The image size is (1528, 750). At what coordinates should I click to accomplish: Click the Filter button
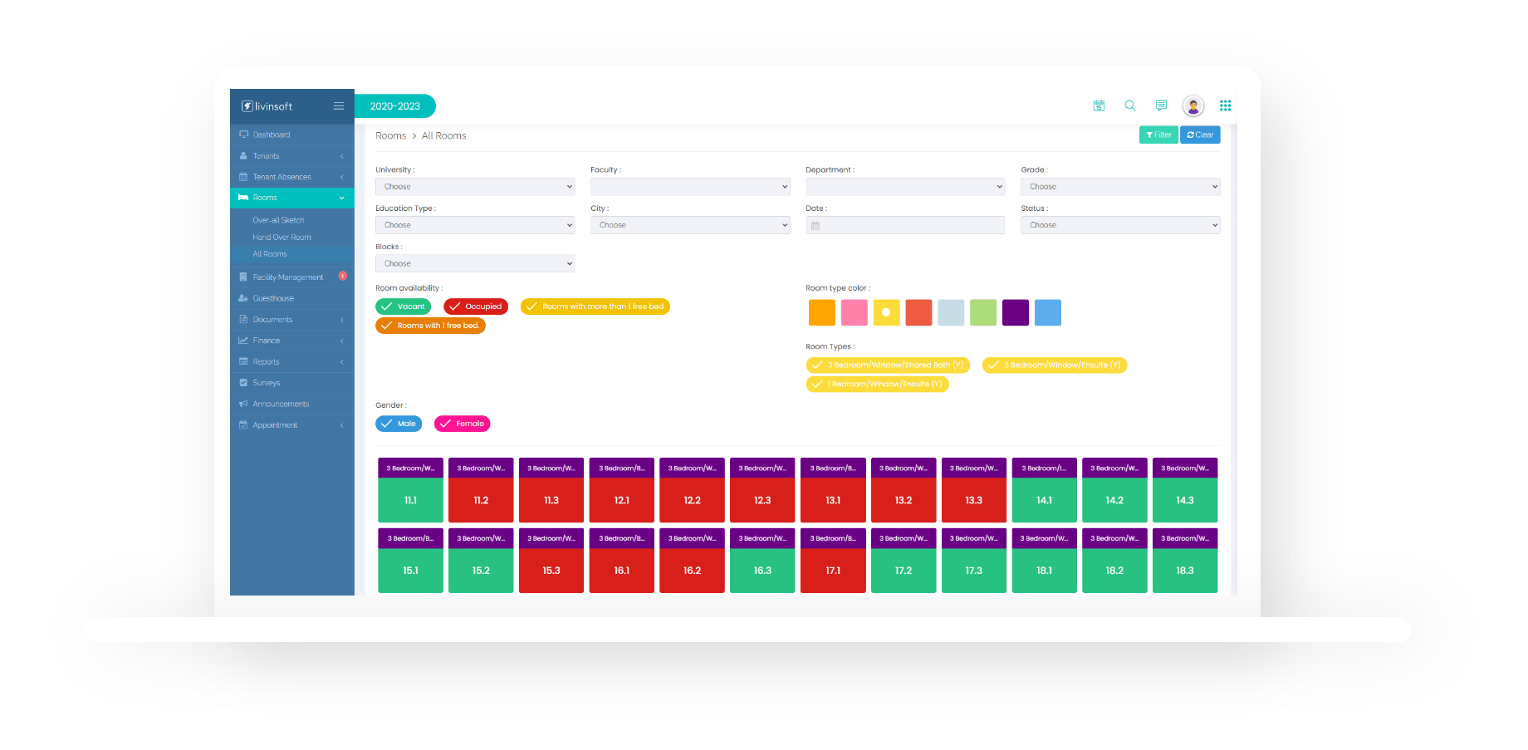click(x=1158, y=135)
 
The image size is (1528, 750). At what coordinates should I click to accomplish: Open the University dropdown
click(x=474, y=187)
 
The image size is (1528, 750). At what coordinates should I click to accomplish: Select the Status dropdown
click(x=1119, y=225)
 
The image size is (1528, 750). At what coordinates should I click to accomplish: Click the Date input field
click(x=905, y=225)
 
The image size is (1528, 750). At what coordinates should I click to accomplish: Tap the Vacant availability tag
click(x=404, y=306)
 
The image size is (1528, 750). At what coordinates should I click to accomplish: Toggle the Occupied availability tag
click(x=476, y=306)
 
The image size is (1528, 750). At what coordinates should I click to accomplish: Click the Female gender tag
click(x=463, y=424)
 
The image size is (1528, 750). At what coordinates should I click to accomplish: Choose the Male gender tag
click(x=399, y=424)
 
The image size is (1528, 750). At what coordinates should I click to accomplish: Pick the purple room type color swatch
click(x=1015, y=313)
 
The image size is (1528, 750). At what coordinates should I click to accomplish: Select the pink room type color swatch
click(x=854, y=313)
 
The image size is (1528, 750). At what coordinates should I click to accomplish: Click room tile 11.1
click(x=410, y=500)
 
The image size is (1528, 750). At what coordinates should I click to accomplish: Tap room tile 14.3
click(x=1184, y=500)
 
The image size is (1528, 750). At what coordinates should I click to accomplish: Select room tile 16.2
click(x=692, y=571)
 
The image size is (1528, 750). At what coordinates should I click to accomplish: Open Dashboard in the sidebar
click(x=272, y=135)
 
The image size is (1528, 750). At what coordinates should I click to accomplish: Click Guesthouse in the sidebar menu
click(x=273, y=298)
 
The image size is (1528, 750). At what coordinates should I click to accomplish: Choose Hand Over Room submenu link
click(x=282, y=238)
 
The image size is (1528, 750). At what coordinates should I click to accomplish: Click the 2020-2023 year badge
click(x=395, y=106)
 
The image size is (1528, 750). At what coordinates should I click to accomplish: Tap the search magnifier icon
click(x=1129, y=105)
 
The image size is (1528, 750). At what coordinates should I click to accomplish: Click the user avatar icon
click(x=1193, y=105)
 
